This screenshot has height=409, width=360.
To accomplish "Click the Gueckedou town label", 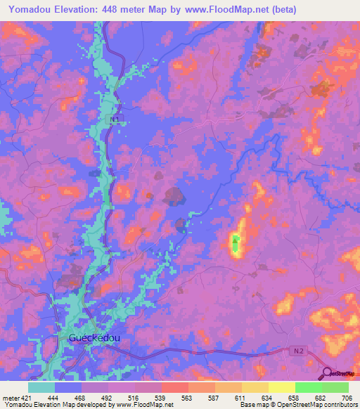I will click(94, 338).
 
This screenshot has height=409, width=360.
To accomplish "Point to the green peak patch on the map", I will click(236, 243).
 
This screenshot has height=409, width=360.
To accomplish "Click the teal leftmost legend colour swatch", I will click(41, 387).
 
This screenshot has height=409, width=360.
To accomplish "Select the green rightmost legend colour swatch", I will click(335, 387).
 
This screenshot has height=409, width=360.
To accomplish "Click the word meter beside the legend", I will click(10, 397).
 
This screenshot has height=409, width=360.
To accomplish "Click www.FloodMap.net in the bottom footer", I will click(145, 405).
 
